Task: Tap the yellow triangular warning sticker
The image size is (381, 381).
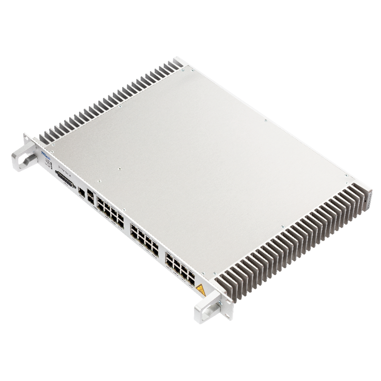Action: coord(200,289)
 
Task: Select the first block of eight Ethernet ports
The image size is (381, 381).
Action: coord(110,212)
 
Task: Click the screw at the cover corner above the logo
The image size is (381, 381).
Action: coord(50,144)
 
